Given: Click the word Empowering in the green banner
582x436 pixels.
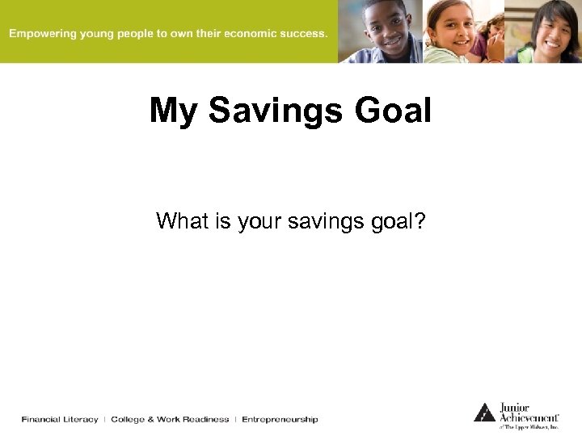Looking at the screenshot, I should point(42,34).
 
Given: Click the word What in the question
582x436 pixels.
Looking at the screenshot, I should point(181,220).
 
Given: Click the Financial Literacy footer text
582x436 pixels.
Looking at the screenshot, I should point(60,419).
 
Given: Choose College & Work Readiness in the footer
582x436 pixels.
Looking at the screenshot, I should point(170,419).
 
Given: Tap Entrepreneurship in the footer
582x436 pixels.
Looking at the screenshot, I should point(280,419).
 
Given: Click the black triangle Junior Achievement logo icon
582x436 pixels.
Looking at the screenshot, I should point(484,412).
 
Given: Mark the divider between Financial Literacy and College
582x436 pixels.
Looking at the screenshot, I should point(104,419).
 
